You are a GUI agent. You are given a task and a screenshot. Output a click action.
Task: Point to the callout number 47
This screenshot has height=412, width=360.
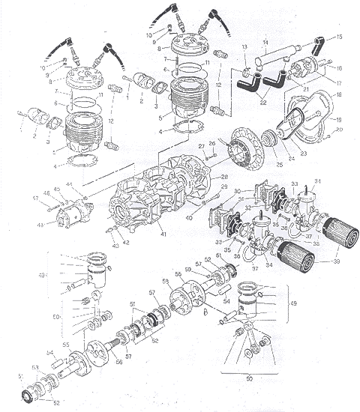pyautogui.click(x=35, y=198)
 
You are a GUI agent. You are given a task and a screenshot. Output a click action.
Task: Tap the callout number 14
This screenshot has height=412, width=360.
pyautogui.click(x=264, y=43)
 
